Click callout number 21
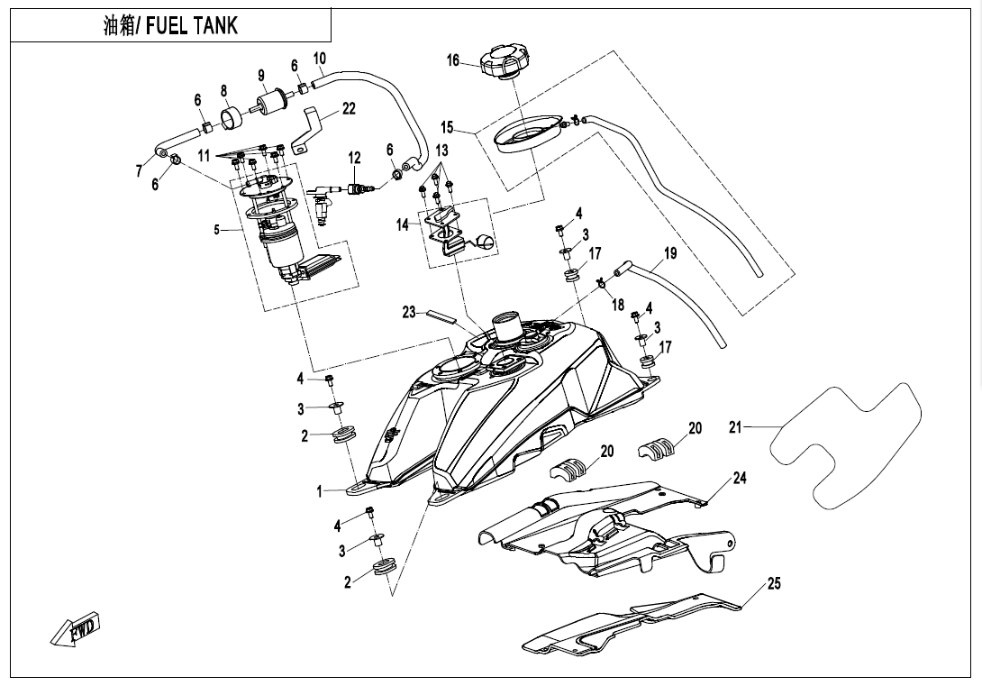(x=735, y=427)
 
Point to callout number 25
(x=774, y=584)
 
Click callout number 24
(x=740, y=479)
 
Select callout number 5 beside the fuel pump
(x=216, y=230)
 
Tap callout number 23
(x=409, y=313)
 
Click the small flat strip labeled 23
(x=442, y=316)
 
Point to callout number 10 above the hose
(x=320, y=59)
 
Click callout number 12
(x=355, y=159)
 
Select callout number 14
(x=403, y=225)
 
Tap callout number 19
(x=669, y=254)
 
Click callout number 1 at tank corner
(x=319, y=492)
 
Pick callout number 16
(x=453, y=60)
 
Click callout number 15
(x=448, y=128)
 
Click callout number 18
(x=618, y=305)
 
